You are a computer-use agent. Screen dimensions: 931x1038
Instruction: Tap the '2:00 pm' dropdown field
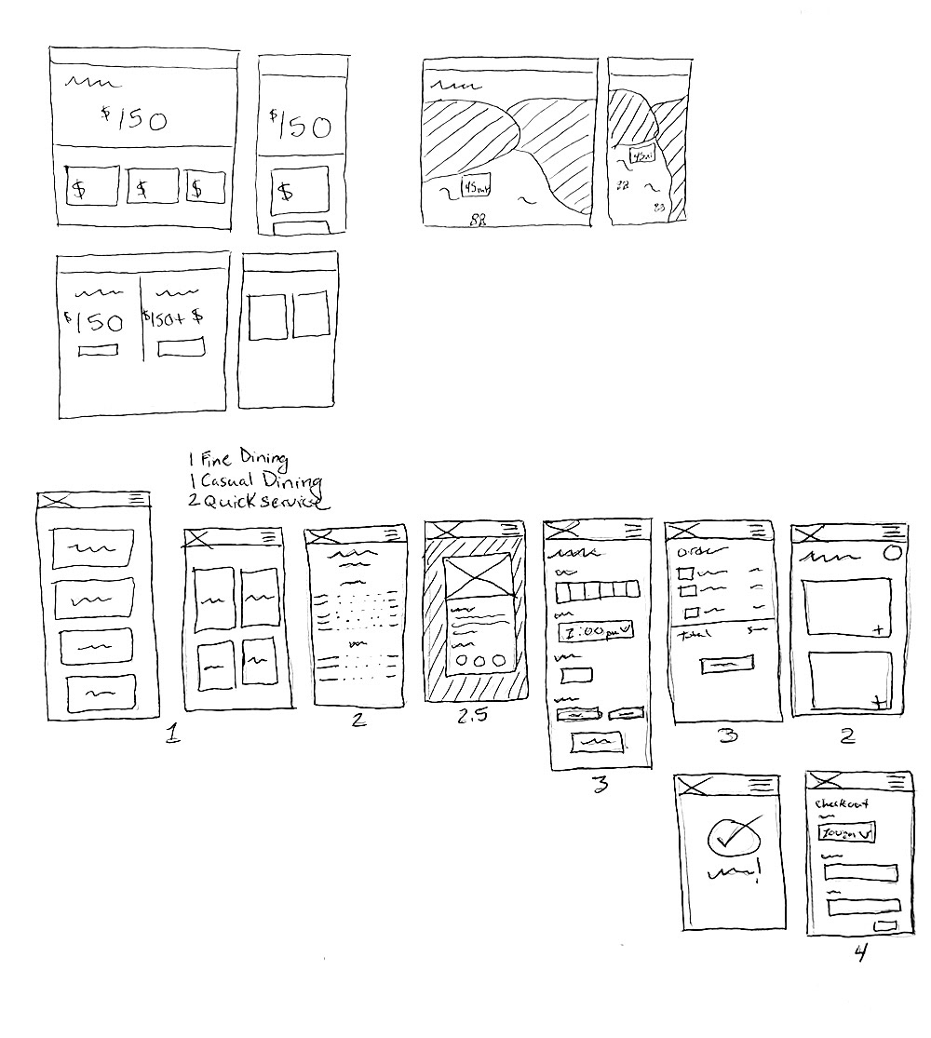tap(594, 632)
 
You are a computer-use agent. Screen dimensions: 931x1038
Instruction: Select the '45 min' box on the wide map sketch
tap(476, 188)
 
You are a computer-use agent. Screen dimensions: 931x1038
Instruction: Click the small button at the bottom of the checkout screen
tap(885, 925)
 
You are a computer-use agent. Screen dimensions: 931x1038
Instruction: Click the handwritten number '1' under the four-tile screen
tap(171, 735)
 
